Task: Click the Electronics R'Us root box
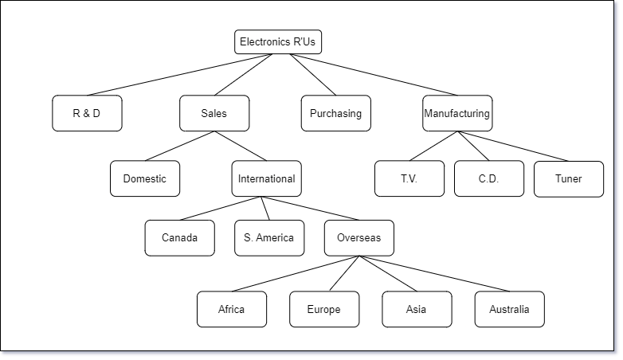(278, 41)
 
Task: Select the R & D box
(87, 113)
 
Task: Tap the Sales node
(214, 113)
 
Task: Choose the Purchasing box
(335, 113)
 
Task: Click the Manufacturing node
(457, 113)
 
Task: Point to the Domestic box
(145, 178)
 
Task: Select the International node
(267, 178)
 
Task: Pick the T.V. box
(409, 178)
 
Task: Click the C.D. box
(489, 178)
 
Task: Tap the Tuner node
(569, 179)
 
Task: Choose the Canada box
(179, 238)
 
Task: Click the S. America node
(269, 238)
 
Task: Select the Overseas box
(359, 238)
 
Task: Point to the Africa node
(232, 309)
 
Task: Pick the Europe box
(324, 309)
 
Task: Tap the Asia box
(417, 309)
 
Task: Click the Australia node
(509, 309)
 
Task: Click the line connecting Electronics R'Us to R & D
(179, 75)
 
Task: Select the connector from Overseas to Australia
(434, 274)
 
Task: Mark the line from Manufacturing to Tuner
(513, 146)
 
